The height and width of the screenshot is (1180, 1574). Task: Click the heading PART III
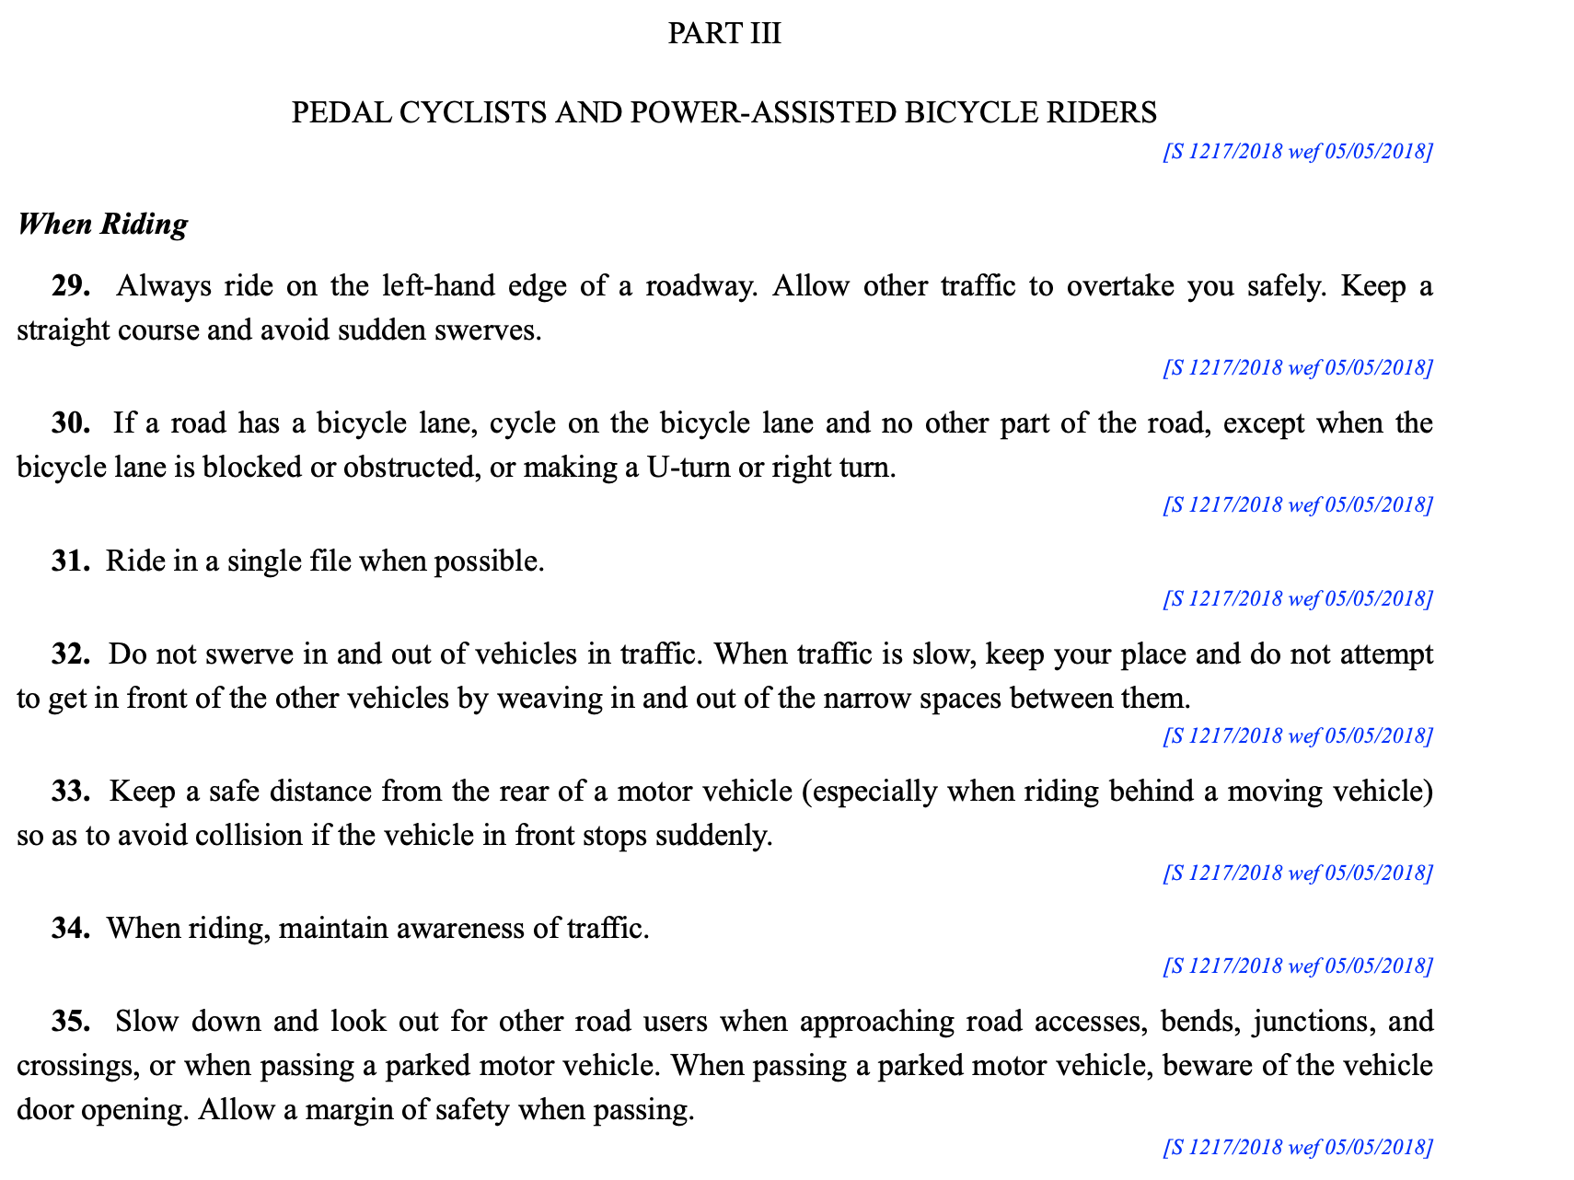[723, 33]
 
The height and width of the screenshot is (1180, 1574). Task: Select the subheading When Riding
[102, 224]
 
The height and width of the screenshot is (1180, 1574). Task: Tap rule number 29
[70, 286]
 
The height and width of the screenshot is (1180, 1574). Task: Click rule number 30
[70, 423]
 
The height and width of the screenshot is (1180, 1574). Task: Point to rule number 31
[70, 561]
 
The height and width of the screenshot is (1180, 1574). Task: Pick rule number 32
[70, 654]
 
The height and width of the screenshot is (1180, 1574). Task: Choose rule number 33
[70, 792]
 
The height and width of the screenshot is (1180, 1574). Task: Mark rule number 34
[70, 928]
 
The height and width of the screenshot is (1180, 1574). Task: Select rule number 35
[70, 1022]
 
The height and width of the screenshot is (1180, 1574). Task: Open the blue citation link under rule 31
[1297, 599]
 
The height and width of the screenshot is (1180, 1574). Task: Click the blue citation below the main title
[1297, 152]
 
